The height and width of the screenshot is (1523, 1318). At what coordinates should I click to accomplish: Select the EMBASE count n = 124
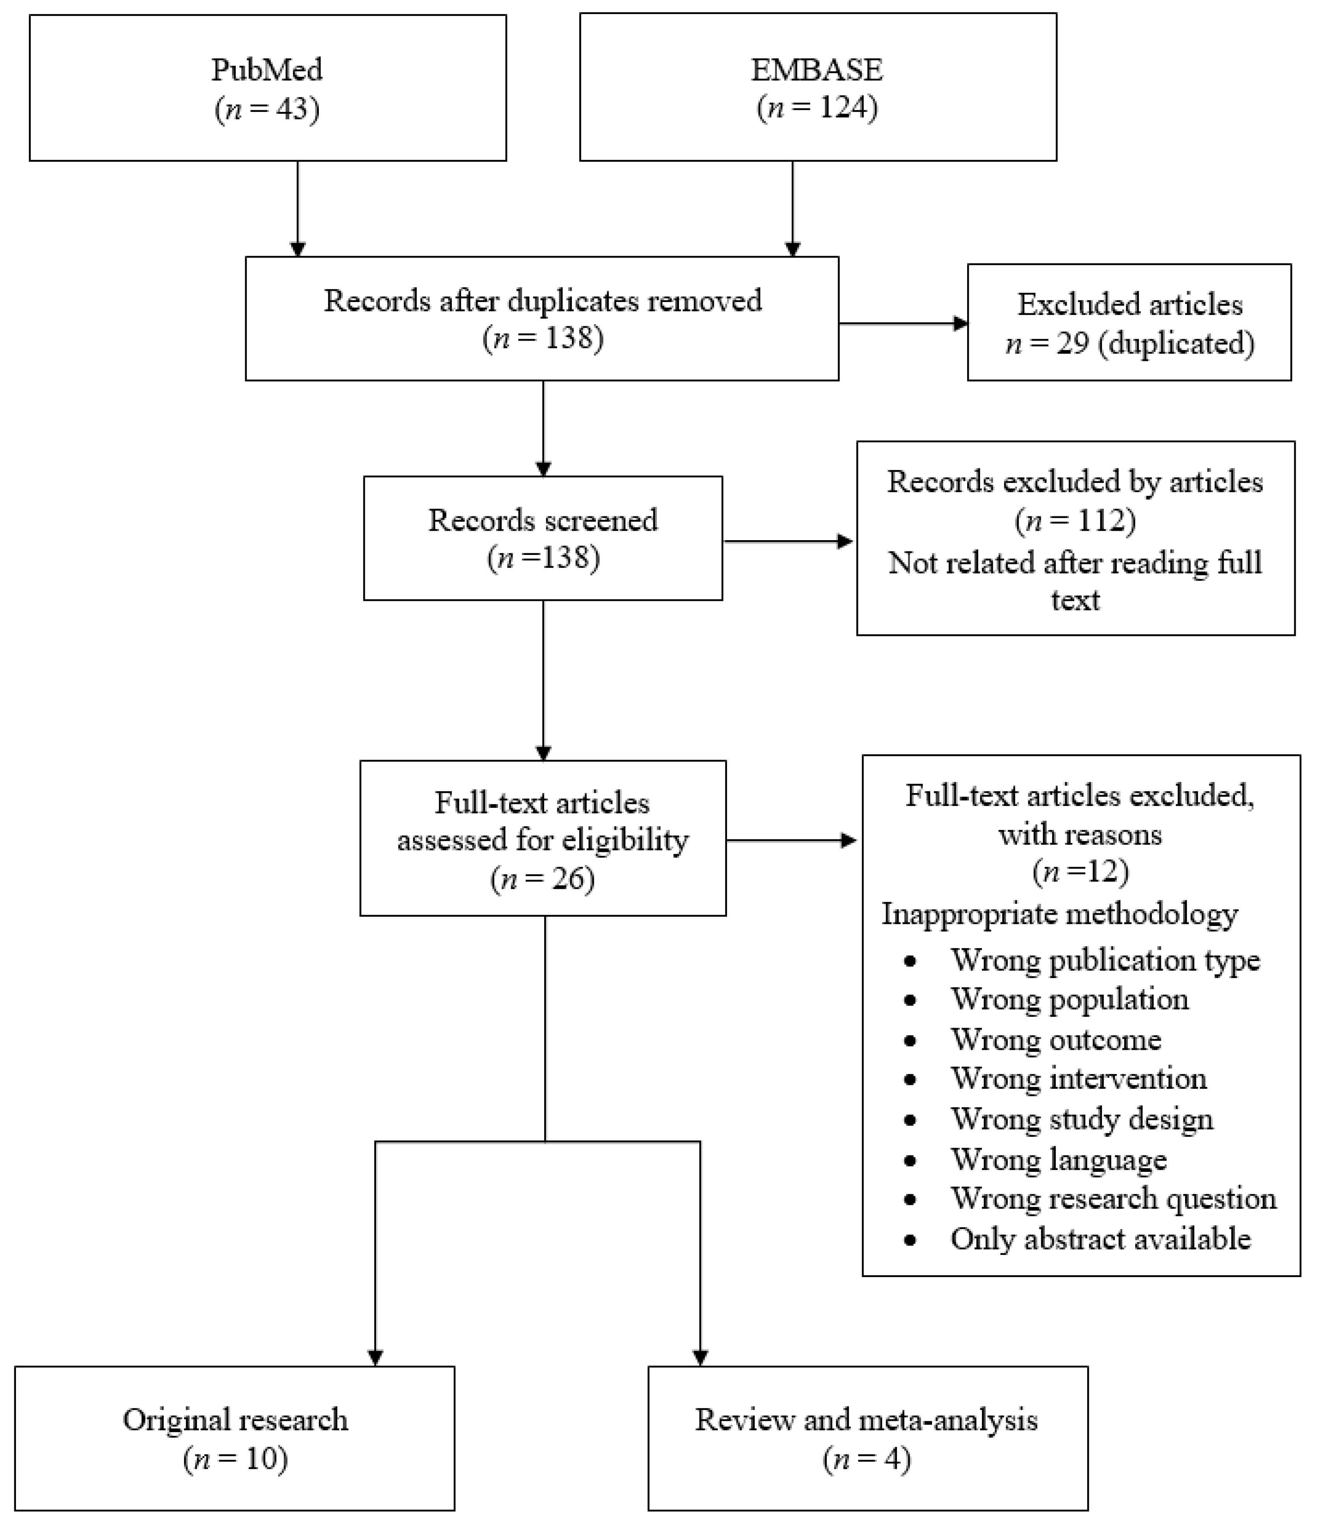click(x=817, y=108)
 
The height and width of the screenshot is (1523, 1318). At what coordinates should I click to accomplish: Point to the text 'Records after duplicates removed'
click(x=543, y=301)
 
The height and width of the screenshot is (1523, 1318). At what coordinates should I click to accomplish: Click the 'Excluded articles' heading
click(x=1130, y=304)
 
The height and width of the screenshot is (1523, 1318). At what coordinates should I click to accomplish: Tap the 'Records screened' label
click(x=543, y=520)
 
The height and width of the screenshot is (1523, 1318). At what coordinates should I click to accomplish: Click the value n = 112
click(x=1075, y=521)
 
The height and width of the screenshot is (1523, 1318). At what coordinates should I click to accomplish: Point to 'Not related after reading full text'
click(x=1075, y=581)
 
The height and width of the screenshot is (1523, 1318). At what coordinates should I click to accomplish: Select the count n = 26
click(x=543, y=879)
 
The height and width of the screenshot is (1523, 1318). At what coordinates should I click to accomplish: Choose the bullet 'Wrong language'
click(x=1058, y=1160)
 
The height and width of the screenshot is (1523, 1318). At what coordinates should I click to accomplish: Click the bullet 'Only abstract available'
click(x=1100, y=1239)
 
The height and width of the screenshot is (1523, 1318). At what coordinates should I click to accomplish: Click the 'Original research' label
click(x=235, y=1420)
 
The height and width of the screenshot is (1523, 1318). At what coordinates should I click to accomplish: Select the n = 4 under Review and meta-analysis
click(x=867, y=1459)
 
